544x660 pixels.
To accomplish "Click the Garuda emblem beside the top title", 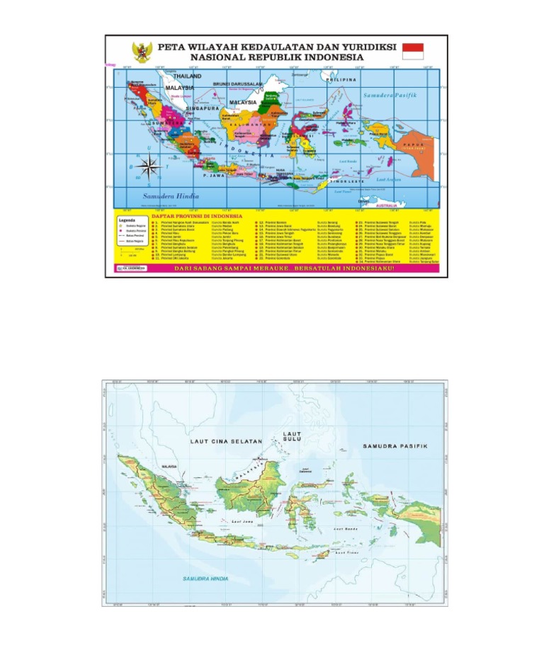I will tap(142, 52).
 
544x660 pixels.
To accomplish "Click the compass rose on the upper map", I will tap(149, 166).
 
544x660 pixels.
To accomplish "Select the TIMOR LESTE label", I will tap(347, 182).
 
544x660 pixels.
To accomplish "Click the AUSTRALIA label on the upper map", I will tap(386, 205).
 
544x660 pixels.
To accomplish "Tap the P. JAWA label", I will tap(213, 174).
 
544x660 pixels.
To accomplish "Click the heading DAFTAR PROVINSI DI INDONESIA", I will tap(197, 215).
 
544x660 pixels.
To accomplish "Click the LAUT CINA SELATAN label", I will tap(226, 441).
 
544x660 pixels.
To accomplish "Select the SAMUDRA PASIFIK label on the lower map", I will tap(395, 446).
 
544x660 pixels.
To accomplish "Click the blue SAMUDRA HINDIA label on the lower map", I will tap(205, 579).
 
